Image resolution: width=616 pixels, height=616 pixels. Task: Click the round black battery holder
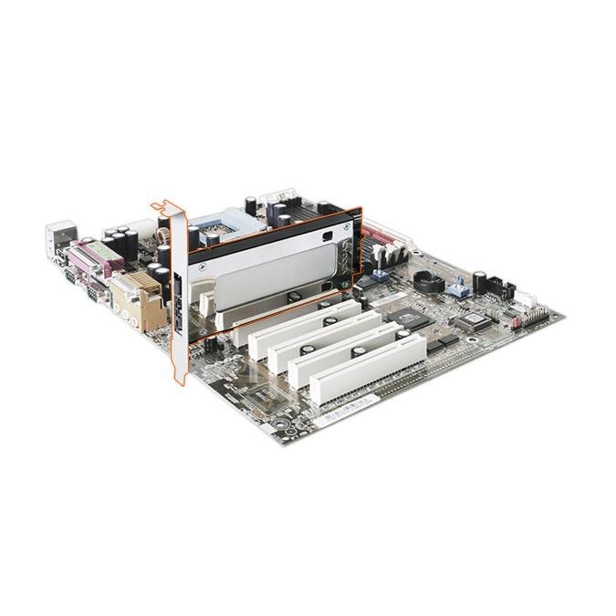click(428, 280)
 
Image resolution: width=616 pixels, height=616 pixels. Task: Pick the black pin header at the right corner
click(535, 314)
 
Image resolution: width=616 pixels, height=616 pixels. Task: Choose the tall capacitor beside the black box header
click(478, 281)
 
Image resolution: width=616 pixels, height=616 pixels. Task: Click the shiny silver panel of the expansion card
click(265, 274)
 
